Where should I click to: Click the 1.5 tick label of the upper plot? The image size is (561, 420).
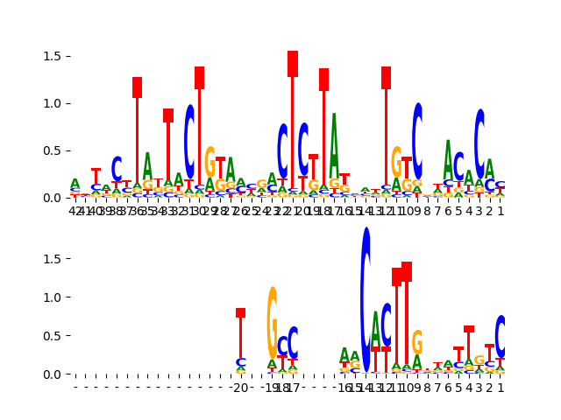[x=53, y=56]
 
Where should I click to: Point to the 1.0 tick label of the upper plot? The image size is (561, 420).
[x=53, y=103]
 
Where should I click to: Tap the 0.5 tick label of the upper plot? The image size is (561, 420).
[x=53, y=150]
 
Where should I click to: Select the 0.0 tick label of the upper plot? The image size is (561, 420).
[x=53, y=198]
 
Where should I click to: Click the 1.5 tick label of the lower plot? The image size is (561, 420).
[x=53, y=259]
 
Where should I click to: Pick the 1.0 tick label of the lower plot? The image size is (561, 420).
[x=53, y=297]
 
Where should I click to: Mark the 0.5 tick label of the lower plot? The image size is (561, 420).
[x=53, y=336]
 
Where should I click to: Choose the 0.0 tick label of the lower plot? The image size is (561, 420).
[x=53, y=374]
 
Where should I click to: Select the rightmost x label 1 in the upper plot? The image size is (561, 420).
[x=501, y=211]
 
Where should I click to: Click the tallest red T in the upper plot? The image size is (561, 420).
[x=293, y=122]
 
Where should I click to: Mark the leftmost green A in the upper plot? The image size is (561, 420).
[x=75, y=184]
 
